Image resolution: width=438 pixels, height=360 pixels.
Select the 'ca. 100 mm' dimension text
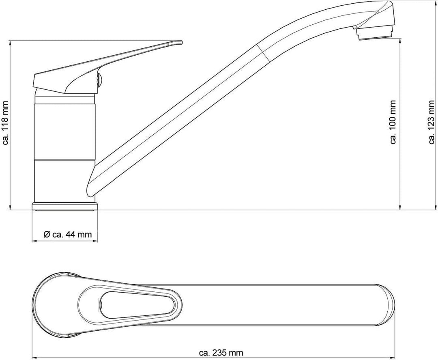393,122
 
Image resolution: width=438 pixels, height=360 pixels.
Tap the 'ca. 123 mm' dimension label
432,122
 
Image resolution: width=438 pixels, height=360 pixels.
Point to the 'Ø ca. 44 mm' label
68,234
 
